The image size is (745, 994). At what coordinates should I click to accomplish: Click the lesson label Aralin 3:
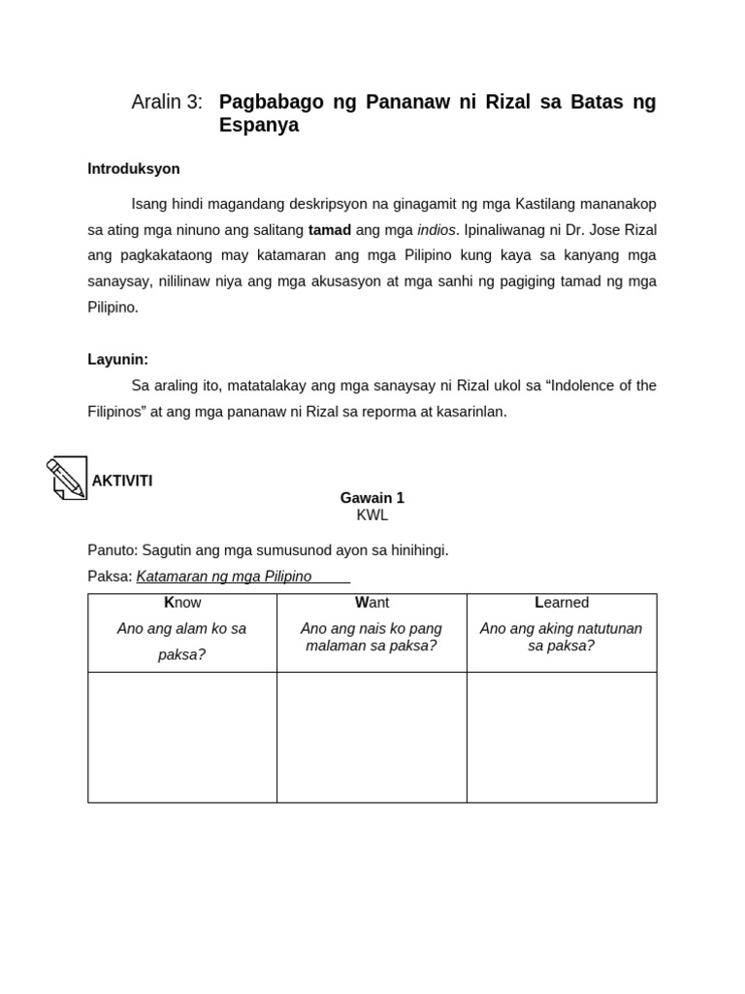[167, 102]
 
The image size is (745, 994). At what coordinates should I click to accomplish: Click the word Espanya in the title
[259, 125]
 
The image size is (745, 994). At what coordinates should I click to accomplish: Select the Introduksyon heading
[134, 169]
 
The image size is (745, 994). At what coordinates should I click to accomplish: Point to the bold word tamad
[330, 230]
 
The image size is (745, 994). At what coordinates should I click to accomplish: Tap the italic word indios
[437, 230]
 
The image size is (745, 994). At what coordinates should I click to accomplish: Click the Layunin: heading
[118, 359]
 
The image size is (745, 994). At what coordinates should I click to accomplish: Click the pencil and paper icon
[68, 478]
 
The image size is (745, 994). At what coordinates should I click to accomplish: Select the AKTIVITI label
[122, 481]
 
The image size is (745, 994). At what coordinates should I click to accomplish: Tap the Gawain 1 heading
[372, 498]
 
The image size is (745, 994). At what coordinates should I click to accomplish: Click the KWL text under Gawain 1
[372, 515]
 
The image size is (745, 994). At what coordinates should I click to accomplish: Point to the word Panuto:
[113, 550]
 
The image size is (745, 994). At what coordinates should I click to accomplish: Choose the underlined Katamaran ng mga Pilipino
[224, 577]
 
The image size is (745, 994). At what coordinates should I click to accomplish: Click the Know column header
[182, 603]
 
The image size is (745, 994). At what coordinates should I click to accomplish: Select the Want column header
[372, 603]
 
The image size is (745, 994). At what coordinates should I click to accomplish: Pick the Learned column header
[562, 603]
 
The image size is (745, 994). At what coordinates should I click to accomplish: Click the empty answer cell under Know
[182, 737]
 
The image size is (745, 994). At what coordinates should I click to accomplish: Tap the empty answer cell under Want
[372, 737]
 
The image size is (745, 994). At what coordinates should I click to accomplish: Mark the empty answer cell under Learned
[562, 737]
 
